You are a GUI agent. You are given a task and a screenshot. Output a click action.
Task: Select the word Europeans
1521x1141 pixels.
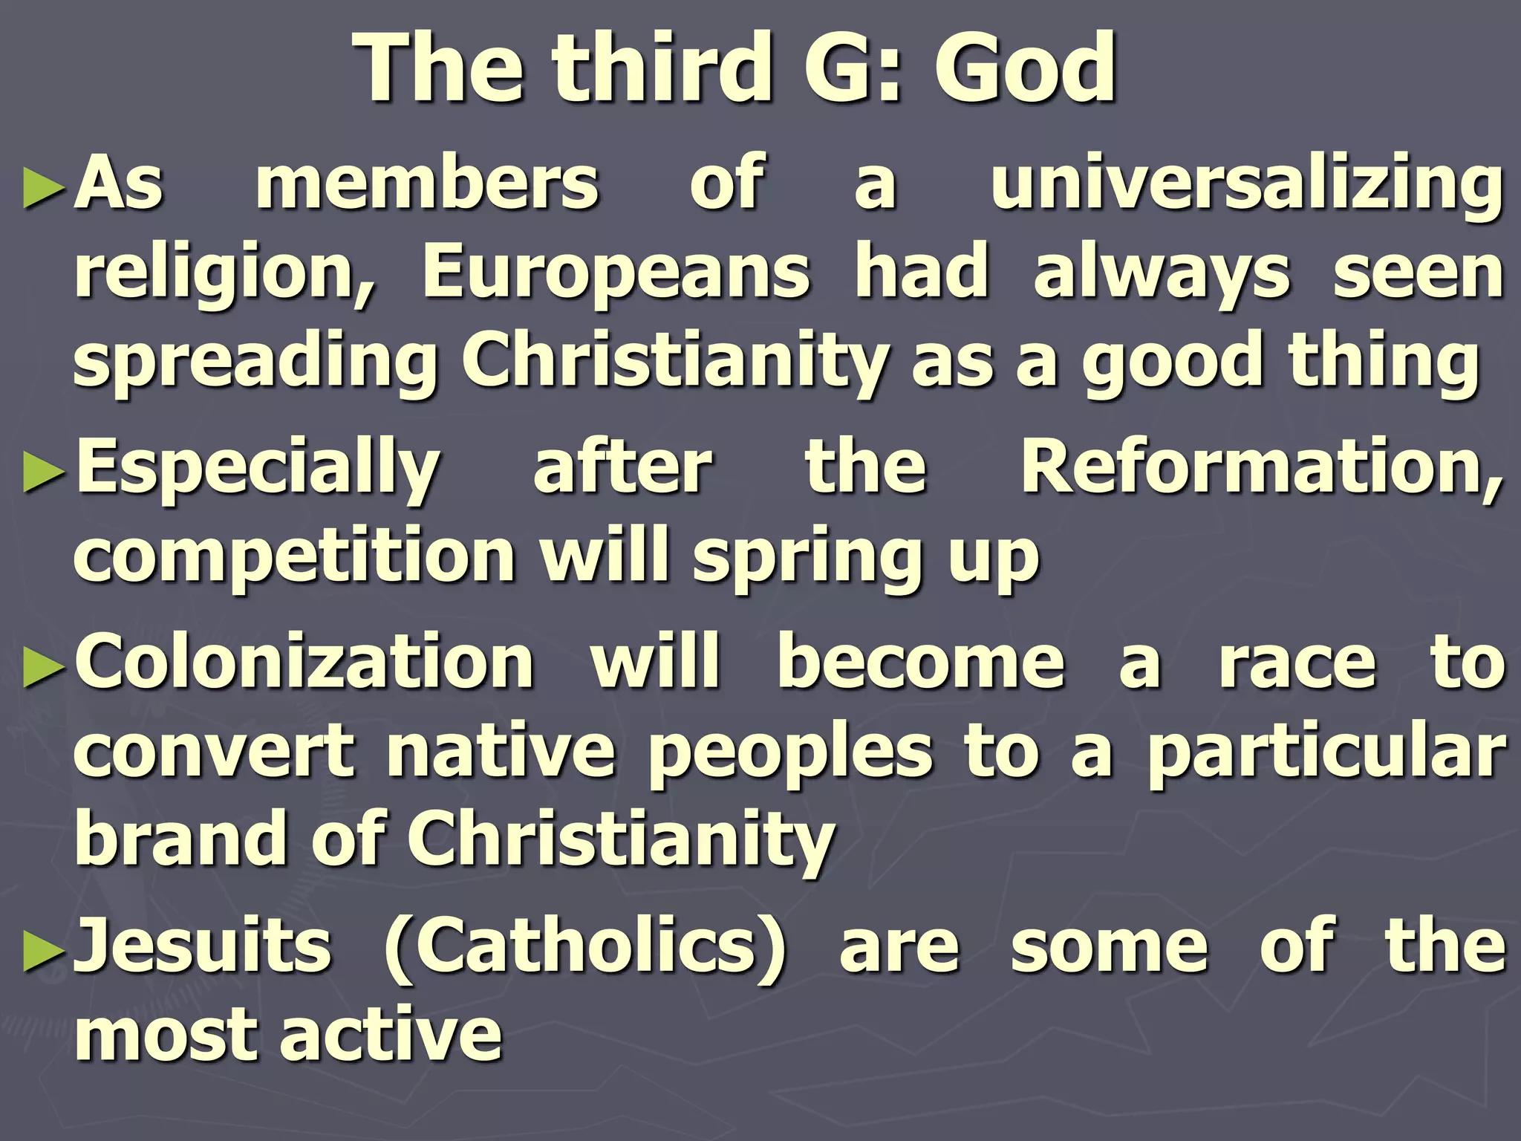pyautogui.click(x=616, y=272)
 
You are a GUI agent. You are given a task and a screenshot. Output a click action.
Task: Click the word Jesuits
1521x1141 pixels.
pyautogui.click(x=203, y=945)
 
